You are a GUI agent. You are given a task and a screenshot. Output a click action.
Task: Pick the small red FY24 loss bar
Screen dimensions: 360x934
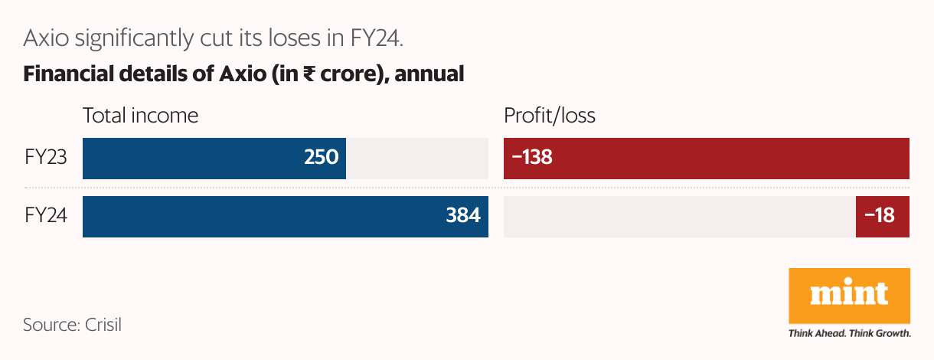click(x=882, y=217)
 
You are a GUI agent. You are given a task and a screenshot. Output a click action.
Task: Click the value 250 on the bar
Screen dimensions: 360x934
click(x=321, y=158)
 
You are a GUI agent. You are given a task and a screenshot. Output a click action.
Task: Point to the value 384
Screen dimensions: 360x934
click(x=463, y=217)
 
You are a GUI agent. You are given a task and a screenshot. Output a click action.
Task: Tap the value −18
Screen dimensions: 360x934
click(x=880, y=217)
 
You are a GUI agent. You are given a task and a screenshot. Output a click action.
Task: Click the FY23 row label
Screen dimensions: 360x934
click(x=46, y=158)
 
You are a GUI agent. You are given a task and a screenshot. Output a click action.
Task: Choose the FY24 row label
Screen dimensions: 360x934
click(x=46, y=217)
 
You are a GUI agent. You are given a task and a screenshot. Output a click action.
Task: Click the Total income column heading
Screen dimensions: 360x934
click(x=140, y=116)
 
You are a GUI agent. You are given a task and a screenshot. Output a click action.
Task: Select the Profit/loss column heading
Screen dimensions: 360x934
click(x=550, y=116)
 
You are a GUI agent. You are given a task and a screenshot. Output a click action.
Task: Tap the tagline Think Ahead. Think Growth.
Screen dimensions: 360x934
click(x=849, y=334)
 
